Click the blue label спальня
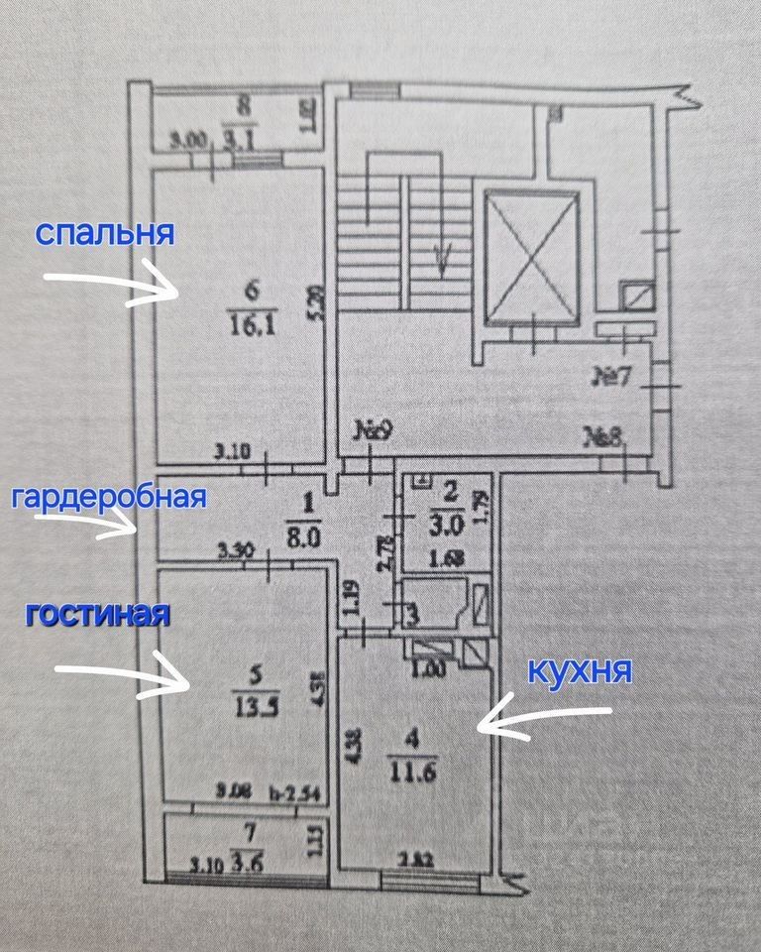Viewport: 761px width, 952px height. (x=105, y=234)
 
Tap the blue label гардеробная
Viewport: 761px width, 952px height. (x=108, y=497)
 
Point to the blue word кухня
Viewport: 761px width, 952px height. (x=581, y=672)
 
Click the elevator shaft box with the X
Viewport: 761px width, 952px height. (x=530, y=257)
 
